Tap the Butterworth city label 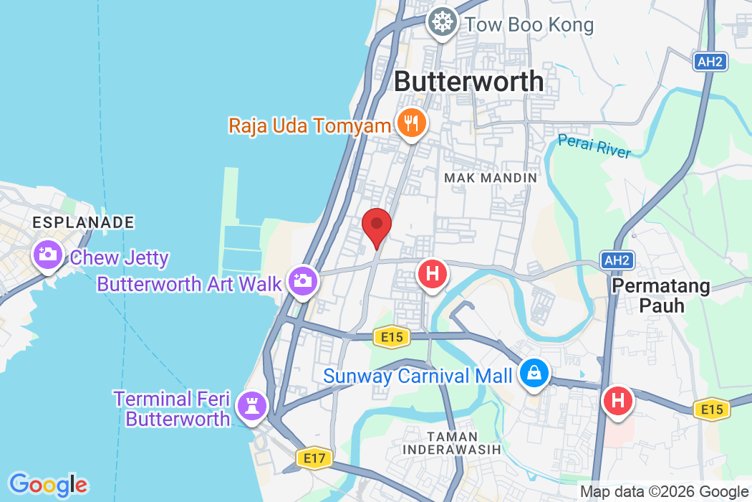click(x=469, y=81)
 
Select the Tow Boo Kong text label click(x=529, y=25)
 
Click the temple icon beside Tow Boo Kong click(x=443, y=23)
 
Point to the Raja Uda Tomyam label click(x=309, y=126)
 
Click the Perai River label click(x=594, y=146)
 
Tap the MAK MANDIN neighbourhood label click(x=491, y=177)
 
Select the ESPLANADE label click(x=83, y=223)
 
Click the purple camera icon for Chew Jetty click(x=48, y=255)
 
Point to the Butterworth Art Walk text click(x=190, y=283)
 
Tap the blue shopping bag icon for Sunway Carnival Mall click(x=534, y=373)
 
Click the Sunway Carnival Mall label click(x=418, y=375)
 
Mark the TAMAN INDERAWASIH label click(x=452, y=442)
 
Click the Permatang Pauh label click(x=660, y=295)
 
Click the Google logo click(x=48, y=486)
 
